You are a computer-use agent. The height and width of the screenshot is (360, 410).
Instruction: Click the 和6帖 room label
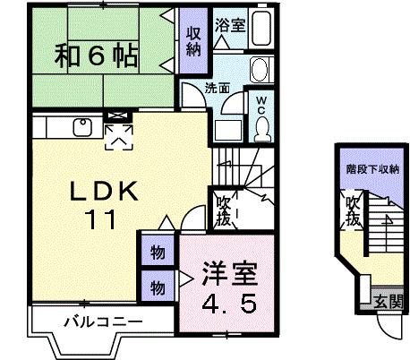tap(96, 56)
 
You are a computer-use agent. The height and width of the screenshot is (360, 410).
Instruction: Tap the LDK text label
tap(104, 191)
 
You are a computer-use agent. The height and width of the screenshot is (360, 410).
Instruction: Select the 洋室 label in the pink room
tap(229, 273)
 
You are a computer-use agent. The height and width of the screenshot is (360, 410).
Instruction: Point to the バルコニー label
tap(104, 321)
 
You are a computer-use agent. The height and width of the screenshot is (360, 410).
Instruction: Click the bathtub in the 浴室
tap(261, 28)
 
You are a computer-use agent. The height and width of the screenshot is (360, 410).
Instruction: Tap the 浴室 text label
tap(230, 25)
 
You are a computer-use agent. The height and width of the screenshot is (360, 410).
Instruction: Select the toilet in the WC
tap(262, 129)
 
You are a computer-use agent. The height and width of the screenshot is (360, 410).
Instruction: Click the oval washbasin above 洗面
tap(259, 70)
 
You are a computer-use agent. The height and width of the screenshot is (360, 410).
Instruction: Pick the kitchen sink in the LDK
tap(82, 127)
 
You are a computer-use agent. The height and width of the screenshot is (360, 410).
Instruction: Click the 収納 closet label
tap(193, 41)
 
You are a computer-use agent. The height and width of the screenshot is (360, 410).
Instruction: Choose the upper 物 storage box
tap(158, 251)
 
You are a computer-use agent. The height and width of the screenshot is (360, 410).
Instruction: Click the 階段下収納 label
tap(372, 169)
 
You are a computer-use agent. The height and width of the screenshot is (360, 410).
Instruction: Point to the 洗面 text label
tap(218, 89)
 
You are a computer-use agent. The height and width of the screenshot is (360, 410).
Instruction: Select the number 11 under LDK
tap(100, 219)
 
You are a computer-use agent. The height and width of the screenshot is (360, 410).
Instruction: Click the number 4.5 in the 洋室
tap(229, 304)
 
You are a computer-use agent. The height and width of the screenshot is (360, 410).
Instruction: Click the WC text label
tap(261, 105)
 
